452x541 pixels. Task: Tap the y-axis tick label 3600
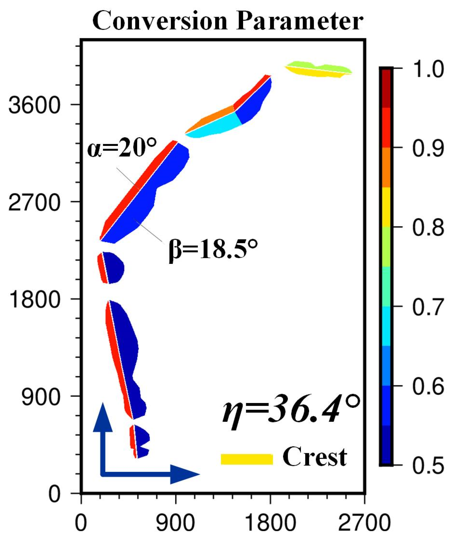tap(34, 105)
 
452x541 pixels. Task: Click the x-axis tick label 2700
tap(364, 523)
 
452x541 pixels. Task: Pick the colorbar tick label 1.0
tap(428, 69)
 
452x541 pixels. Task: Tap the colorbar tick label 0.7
tap(428, 307)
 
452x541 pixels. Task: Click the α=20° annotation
tap(122, 148)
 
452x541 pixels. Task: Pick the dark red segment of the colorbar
tap(386, 88)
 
